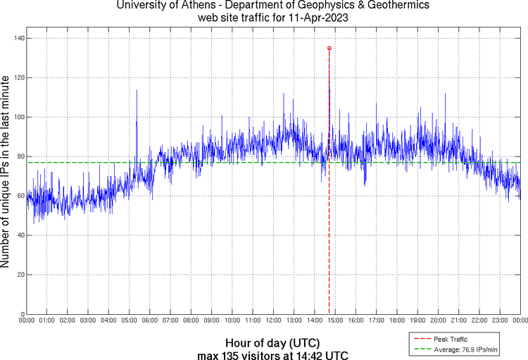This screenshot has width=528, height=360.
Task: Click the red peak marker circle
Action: click(329, 48)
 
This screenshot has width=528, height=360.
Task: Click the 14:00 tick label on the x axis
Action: click(314, 321)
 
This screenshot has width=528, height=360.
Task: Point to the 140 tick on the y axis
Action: click(18, 38)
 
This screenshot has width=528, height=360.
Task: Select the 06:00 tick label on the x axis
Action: click(150, 321)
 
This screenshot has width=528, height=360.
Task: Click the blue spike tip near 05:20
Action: click(137, 90)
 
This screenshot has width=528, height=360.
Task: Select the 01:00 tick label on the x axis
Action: click(47, 321)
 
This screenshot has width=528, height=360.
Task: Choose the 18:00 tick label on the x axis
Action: click(396, 321)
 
